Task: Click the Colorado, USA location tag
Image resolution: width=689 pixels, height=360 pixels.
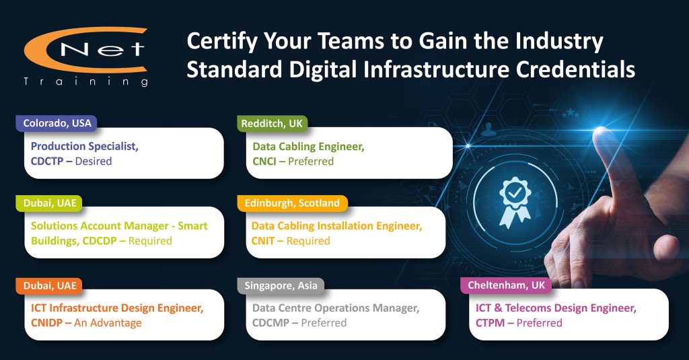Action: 57,123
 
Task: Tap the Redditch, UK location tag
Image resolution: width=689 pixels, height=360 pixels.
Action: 272,124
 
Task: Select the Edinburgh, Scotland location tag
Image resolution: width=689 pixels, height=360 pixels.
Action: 292,203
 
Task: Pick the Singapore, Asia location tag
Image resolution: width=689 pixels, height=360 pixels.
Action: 281,286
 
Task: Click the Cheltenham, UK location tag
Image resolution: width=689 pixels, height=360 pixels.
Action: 506,285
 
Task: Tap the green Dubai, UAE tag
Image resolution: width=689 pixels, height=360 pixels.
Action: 50,203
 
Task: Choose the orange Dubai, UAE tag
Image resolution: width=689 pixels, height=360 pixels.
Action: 50,286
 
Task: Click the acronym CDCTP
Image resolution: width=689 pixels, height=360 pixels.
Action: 47,161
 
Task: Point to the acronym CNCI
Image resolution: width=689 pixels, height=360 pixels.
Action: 264,161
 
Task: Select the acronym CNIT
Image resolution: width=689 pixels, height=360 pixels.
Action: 263,241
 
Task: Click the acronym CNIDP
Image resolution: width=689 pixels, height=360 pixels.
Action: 46,323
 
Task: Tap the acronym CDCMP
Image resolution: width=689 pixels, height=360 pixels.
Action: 270,323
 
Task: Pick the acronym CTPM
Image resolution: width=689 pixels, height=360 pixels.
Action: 490,323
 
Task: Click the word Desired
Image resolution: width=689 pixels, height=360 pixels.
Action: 94,161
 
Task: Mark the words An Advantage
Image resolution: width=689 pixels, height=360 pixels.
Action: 108,323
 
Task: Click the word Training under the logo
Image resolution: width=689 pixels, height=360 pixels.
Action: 86,82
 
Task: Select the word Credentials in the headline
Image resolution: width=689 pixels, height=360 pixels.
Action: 575,69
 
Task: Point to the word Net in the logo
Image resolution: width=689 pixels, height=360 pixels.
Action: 102,49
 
